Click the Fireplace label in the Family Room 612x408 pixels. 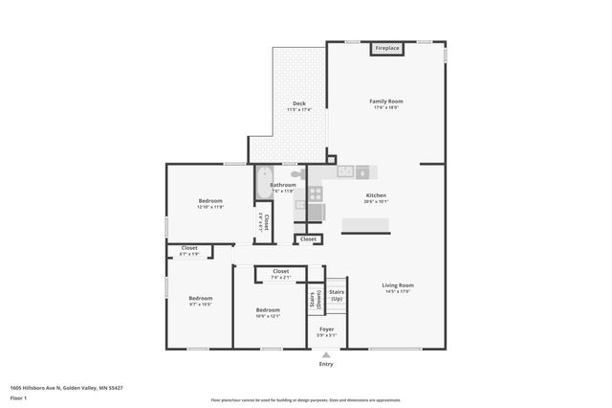point(387,48)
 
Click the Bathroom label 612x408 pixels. point(283,185)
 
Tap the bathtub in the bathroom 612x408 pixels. point(263,183)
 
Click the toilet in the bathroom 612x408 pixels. point(297,174)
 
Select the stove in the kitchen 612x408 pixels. point(316,193)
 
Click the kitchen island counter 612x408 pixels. point(366,225)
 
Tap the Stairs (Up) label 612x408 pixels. point(337,295)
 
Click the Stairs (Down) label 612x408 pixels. point(316,300)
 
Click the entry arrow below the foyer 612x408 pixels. point(326,354)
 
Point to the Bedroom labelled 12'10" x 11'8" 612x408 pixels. point(210,201)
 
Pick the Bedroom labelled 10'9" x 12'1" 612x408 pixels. point(268,310)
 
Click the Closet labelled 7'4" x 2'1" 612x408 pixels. point(281,272)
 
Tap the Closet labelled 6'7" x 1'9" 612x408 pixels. point(189,249)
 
